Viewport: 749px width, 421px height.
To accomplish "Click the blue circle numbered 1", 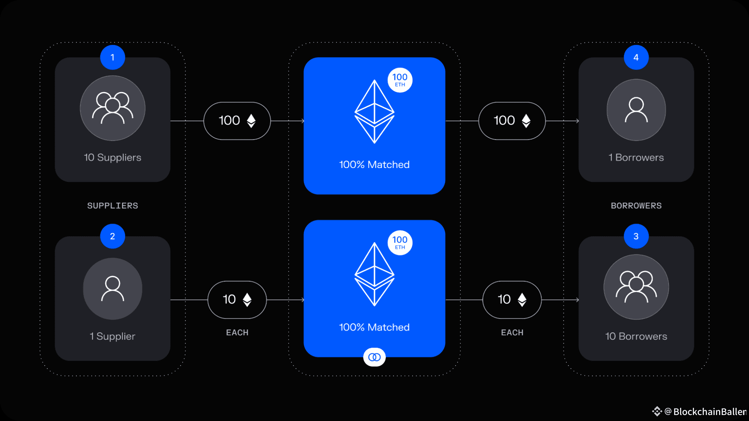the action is click(112, 57).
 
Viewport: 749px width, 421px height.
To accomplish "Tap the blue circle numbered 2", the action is click(112, 236).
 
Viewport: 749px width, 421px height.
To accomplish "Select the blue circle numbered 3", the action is click(636, 236).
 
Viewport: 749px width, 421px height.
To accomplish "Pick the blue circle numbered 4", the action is click(636, 57).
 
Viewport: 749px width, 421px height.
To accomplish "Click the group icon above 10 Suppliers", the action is click(112, 108).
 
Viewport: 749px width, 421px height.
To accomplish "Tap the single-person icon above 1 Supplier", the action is click(112, 289).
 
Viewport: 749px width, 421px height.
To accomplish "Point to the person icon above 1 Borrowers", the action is click(636, 110).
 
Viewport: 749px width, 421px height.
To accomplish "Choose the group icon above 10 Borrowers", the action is click(636, 287).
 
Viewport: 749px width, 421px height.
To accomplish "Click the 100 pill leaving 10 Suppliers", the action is click(237, 121).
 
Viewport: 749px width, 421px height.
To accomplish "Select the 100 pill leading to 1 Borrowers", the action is click(512, 121).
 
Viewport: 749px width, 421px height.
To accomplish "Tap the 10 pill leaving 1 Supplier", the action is click(237, 300).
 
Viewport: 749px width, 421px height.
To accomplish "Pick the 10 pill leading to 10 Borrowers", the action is click(512, 300).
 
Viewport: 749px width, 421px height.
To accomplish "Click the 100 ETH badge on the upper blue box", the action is click(400, 80).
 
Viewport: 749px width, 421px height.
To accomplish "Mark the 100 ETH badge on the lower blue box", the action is click(400, 243).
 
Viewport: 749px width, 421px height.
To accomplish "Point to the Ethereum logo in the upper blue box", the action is click(374, 112).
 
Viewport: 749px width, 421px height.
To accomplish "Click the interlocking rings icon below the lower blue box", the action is click(374, 357).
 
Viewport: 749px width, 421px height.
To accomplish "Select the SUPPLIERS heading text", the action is click(112, 205).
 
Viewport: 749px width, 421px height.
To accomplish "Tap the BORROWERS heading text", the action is click(636, 205).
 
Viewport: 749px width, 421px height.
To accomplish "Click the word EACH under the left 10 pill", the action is click(237, 332).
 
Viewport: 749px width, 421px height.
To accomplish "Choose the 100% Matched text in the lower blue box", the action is click(374, 327).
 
